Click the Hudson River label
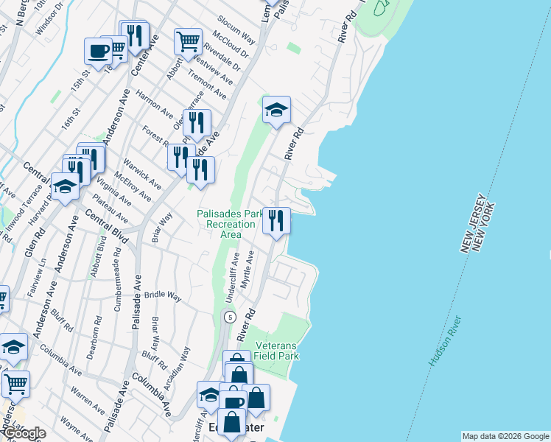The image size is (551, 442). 444,342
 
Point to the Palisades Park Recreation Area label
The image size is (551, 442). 229,224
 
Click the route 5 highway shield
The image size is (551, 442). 231,318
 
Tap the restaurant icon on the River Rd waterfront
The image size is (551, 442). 276,220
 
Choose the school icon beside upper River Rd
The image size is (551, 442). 276,110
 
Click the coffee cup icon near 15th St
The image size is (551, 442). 99,51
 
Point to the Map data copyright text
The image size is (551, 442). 505,436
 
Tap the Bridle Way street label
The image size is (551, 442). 164,295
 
